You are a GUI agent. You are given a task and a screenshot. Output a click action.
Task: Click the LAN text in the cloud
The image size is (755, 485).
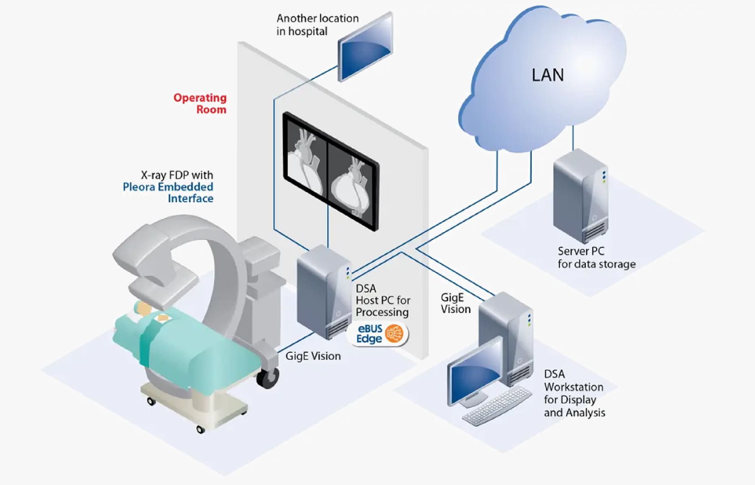tap(548, 75)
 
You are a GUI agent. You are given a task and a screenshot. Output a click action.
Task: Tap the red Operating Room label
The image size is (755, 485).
tap(200, 103)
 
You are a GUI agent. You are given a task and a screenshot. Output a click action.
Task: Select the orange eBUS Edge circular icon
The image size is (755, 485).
tap(394, 334)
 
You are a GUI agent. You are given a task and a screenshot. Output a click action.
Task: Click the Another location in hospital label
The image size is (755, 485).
tap(317, 25)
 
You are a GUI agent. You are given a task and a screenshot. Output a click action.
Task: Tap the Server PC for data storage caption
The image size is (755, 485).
tap(596, 258)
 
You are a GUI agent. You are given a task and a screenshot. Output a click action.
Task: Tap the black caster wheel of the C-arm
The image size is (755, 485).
tap(267, 378)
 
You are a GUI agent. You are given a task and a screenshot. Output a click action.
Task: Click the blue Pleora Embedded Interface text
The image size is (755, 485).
tap(168, 193)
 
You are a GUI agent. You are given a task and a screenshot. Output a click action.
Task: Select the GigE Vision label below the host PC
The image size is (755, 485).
tap(313, 356)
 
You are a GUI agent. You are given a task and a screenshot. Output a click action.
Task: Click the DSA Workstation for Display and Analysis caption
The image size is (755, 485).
tap(574, 393)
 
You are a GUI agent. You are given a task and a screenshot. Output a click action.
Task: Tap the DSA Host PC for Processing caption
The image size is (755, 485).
tap(383, 301)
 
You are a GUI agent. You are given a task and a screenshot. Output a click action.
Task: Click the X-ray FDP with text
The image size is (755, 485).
tap(177, 175)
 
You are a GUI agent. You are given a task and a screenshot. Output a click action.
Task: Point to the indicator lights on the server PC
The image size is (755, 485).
tap(604, 177)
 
